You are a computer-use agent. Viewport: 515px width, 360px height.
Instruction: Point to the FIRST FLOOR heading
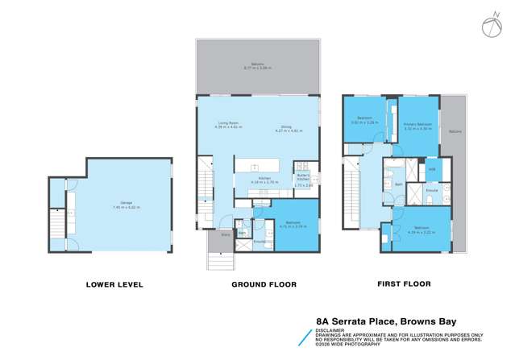pos(403,284)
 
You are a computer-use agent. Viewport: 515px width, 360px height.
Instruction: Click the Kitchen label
pos(262,181)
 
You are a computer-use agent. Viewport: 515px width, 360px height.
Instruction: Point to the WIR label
pos(431,168)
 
